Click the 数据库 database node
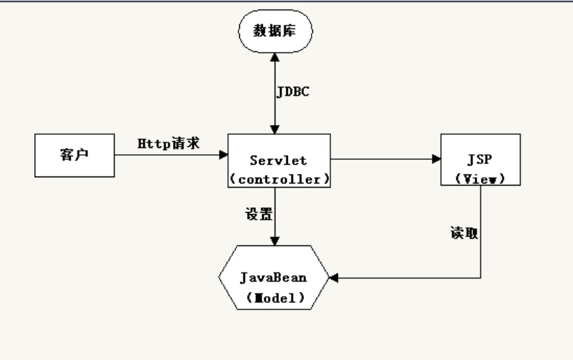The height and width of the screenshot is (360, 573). (276, 31)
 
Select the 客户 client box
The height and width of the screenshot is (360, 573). (74, 155)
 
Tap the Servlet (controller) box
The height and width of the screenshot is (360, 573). (279, 160)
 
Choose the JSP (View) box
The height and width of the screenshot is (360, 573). (481, 160)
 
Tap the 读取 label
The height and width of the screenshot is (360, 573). (462, 233)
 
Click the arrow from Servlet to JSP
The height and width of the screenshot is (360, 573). (386, 159)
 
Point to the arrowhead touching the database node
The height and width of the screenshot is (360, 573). (276, 56)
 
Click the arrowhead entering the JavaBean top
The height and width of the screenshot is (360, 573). (276, 240)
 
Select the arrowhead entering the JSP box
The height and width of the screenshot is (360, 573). (437, 159)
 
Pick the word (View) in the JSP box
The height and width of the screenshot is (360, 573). (480, 178)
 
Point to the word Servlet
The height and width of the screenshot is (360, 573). (279, 159)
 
